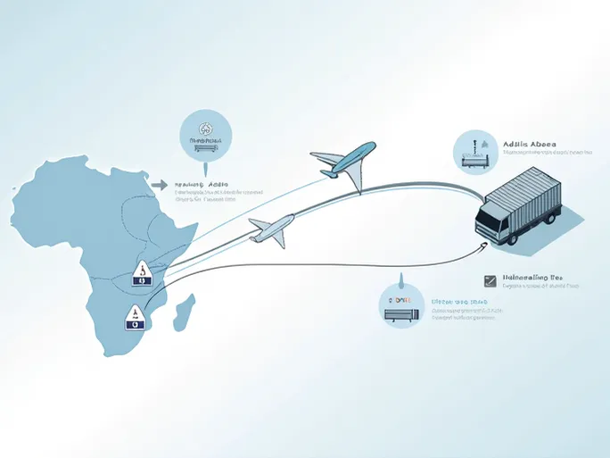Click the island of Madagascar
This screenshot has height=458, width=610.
[185, 313]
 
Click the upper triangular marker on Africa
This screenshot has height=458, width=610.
[142, 273]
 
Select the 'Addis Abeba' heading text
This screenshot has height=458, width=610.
[530, 143]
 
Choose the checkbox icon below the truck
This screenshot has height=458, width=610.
[489, 280]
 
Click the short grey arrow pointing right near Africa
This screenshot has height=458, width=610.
[160, 186]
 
